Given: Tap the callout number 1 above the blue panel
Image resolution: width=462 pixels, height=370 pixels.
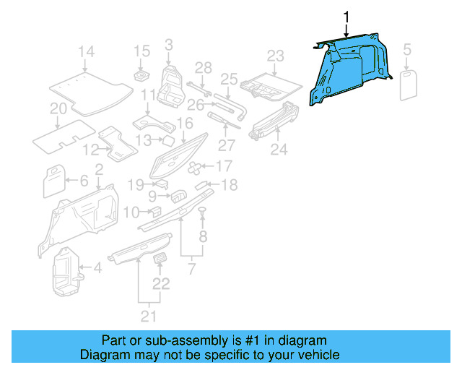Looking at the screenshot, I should click(346, 17).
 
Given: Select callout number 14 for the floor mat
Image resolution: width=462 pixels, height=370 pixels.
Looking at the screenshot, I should click(87, 51).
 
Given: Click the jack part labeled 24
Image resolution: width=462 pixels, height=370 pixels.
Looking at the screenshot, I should click(276, 121).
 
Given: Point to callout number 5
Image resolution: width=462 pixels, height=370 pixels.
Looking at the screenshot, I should click(407, 50).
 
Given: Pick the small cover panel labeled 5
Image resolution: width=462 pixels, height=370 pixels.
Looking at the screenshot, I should click(410, 83).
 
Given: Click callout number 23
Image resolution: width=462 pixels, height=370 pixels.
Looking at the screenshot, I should click(276, 56).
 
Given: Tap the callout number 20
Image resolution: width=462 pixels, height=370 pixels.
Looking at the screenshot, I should click(58, 109).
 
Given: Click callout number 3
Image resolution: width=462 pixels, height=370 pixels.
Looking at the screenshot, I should click(168, 45).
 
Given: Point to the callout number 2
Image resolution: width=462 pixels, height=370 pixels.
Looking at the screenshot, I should click(98, 168).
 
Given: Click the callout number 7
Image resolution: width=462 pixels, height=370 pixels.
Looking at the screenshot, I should click(191, 269).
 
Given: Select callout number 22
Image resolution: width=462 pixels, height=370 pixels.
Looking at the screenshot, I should click(161, 284).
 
